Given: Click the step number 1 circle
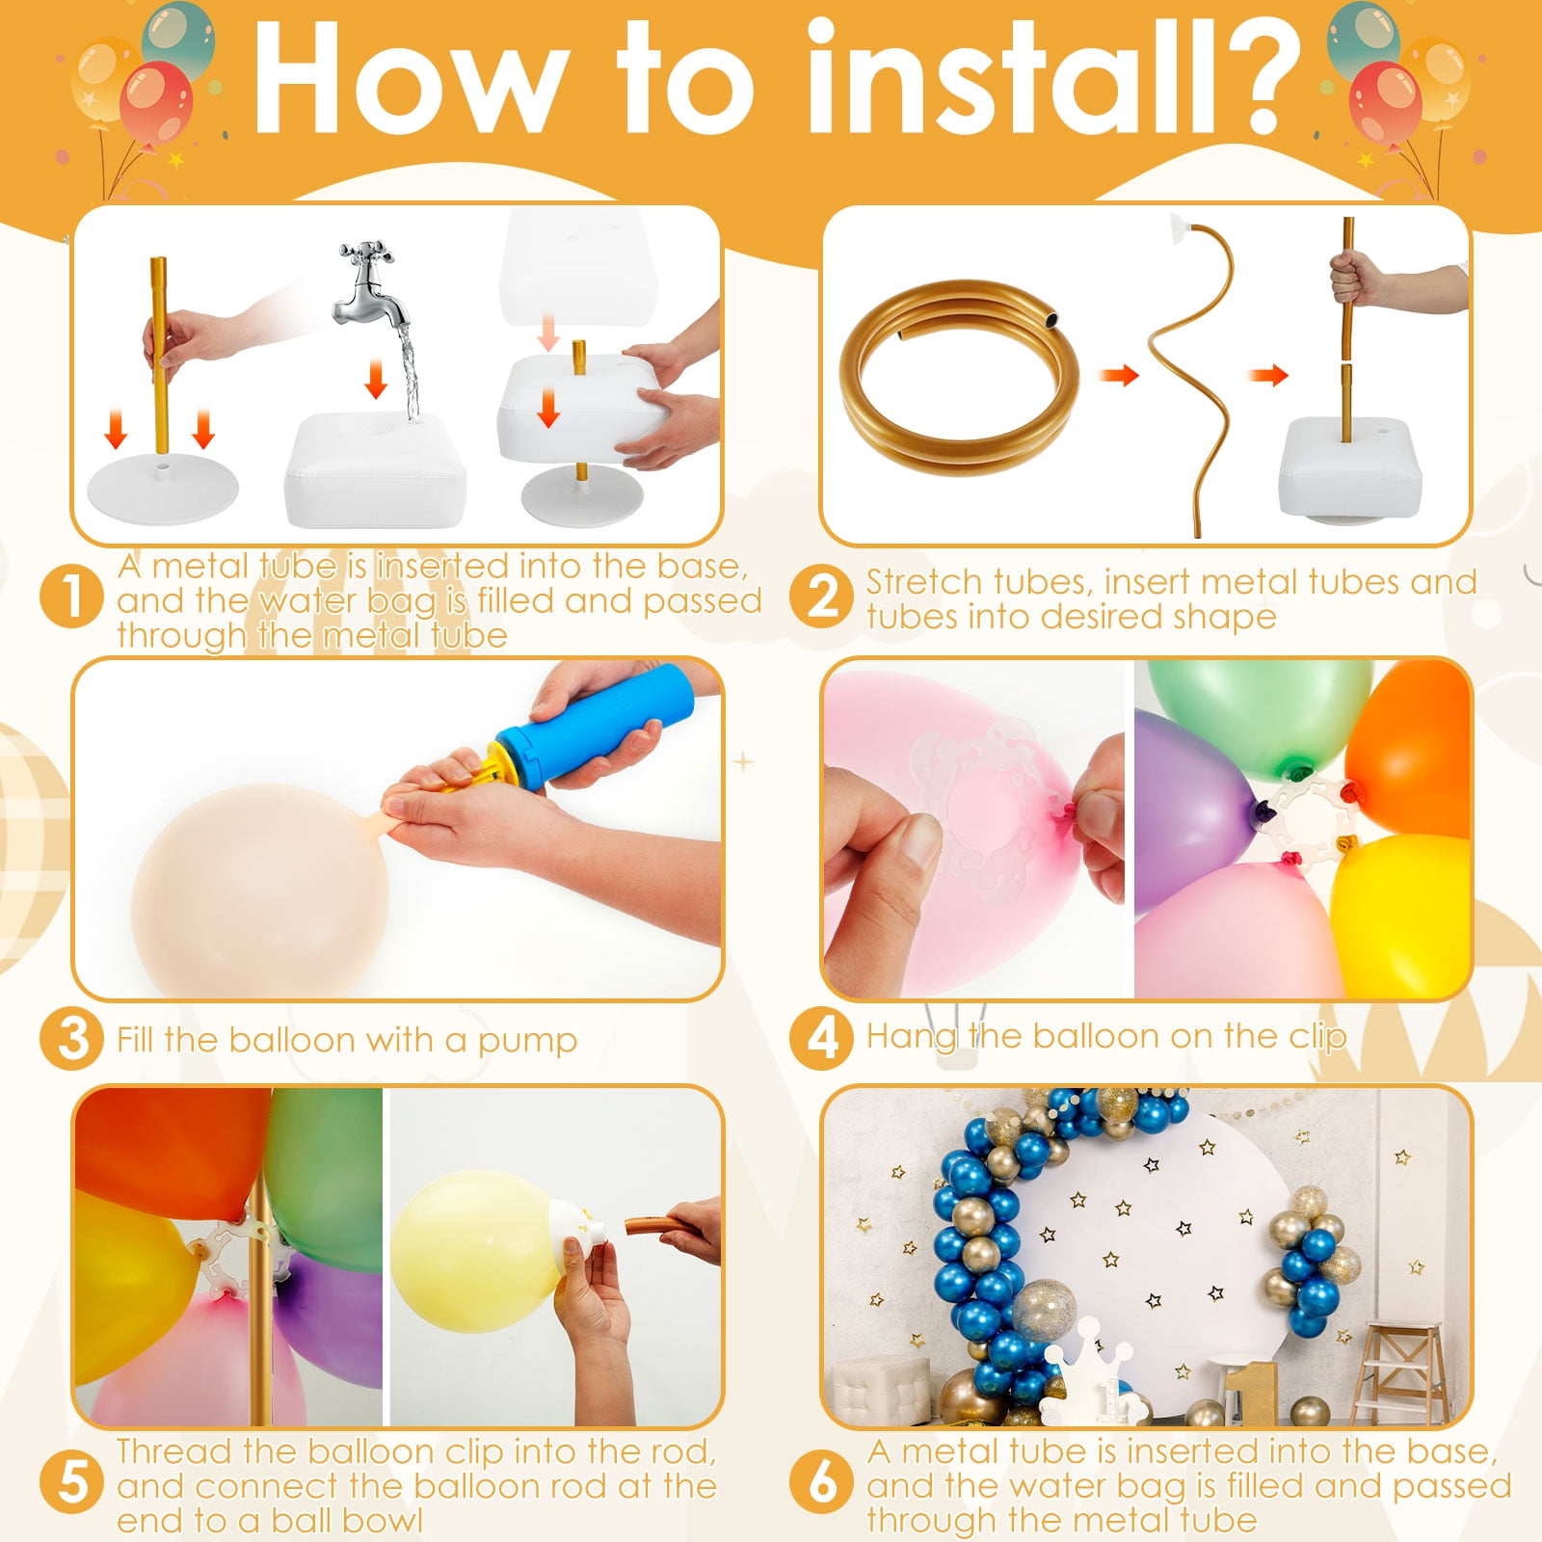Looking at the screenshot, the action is [71, 597].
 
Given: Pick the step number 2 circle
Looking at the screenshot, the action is [821, 597].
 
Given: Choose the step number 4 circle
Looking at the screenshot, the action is [821, 1038].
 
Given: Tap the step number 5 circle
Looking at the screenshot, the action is [71, 1482].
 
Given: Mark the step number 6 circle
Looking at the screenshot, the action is [821, 1482].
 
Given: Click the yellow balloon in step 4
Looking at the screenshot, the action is [1402, 916].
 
